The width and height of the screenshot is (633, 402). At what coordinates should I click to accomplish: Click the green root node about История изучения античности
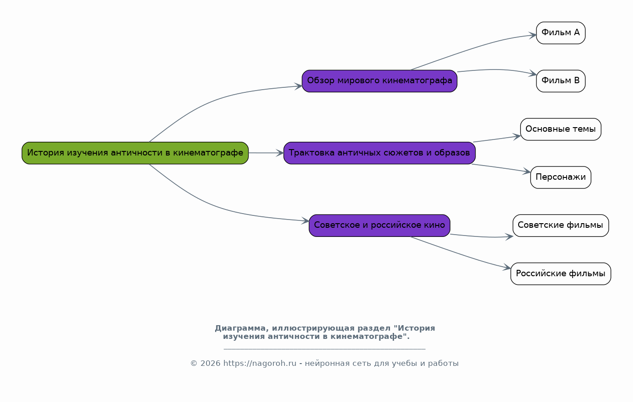pos(135,153)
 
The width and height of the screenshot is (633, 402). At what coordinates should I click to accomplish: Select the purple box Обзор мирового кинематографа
pos(379,81)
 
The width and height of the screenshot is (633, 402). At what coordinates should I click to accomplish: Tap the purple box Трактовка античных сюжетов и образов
pos(379,153)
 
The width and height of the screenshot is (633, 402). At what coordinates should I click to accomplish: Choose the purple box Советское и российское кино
pos(379,225)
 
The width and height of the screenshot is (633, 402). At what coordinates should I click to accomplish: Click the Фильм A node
pos(561,33)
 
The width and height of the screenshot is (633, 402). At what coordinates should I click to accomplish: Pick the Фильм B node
pos(561,81)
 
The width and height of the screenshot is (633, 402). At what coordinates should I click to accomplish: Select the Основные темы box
pos(561,129)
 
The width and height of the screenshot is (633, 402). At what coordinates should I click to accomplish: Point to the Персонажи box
pos(561,177)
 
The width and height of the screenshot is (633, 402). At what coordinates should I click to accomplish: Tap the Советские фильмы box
pos(561,225)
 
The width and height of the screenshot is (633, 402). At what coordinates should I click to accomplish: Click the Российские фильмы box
pos(561,274)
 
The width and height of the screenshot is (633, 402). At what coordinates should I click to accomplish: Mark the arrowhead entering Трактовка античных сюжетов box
pos(280,153)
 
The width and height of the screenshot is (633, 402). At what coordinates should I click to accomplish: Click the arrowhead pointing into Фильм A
pos(533,35)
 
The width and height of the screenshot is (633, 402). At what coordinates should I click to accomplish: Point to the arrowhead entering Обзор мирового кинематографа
pos(298,86)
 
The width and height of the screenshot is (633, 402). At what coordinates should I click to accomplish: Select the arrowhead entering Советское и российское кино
pos(305,221)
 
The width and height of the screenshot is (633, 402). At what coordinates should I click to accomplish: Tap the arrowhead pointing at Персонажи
pos(527,171)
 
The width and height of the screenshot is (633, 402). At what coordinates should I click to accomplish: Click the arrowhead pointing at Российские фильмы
pos(507,268)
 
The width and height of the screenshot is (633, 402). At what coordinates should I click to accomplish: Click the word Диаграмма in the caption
pos(240,328)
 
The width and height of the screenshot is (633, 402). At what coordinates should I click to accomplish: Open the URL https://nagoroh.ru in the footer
pos(260,363)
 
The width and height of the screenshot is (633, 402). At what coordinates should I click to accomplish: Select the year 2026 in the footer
pos(210,363)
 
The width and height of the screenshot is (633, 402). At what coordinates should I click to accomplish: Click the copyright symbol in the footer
pos(194,363)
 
